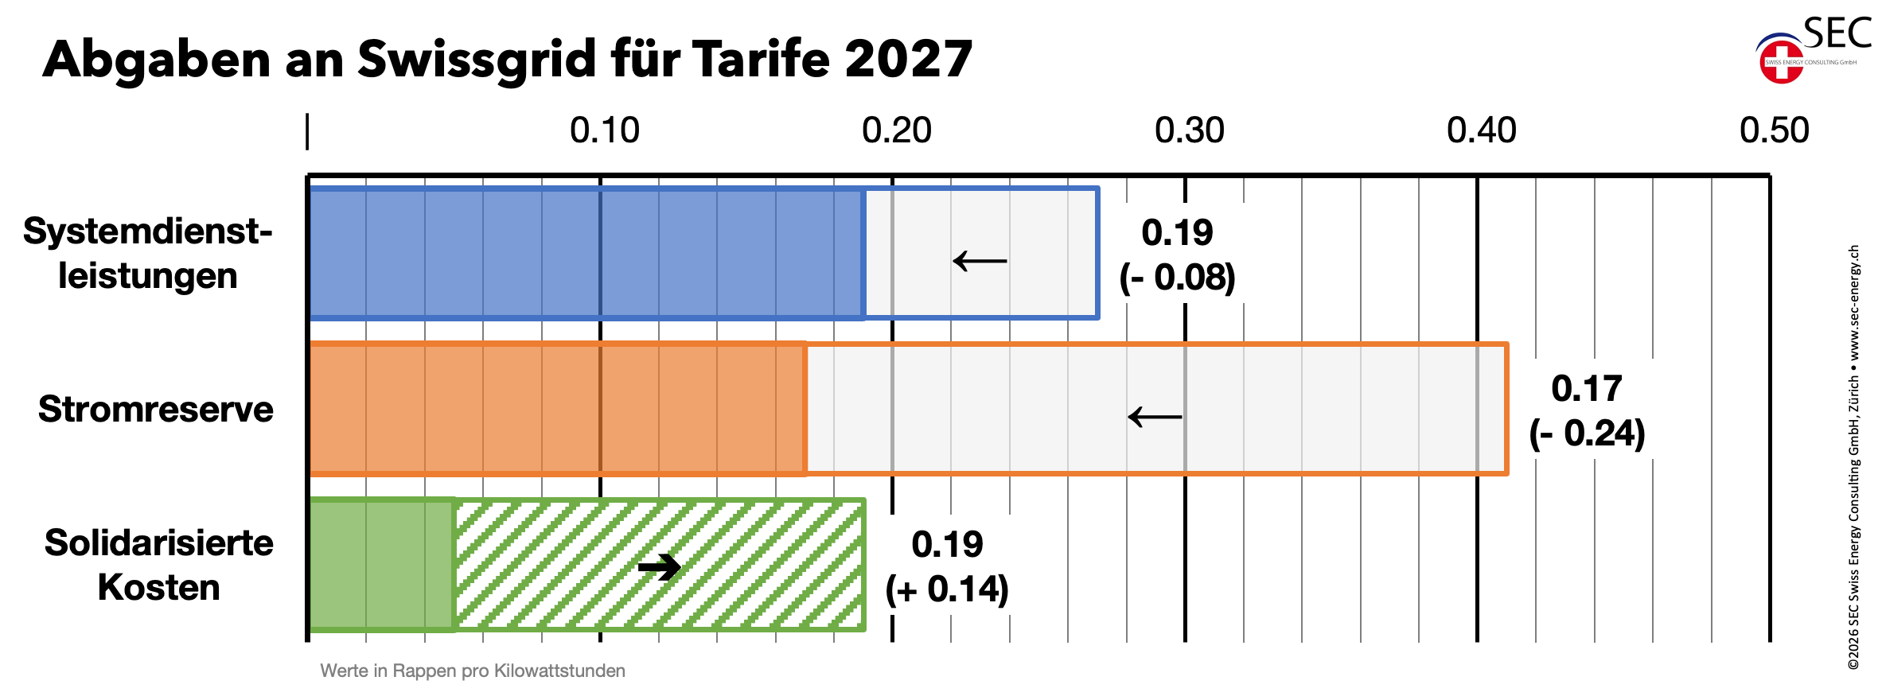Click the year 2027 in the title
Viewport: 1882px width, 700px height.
pos(908,59)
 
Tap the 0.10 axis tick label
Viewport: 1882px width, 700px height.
pos(605,130)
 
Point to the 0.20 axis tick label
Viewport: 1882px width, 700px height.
pos(897,130)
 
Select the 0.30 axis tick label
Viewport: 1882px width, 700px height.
pos(1190,130)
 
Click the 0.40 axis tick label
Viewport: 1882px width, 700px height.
pos(1482,130)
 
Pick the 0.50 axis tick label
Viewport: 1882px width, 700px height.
pos(1775,130)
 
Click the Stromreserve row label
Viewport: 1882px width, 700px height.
pos(156,409)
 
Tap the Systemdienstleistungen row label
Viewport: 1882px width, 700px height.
pos(148,253)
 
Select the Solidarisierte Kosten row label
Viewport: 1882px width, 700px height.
pos(159,565)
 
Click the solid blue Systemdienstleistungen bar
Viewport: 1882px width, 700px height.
pos(586,253)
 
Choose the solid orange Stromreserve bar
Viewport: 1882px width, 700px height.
pos(557,409)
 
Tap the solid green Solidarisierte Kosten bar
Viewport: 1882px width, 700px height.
pos(381,565)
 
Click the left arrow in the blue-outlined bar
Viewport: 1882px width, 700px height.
pos(980,260)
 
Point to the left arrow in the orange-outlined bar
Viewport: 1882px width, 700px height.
pos(1155,416)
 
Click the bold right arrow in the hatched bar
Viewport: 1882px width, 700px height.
pos(660,567)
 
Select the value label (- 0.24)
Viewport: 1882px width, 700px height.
pos(1588,434)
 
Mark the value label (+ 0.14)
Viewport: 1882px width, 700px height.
pos(947,589)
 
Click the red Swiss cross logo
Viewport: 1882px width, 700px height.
pos(1781,62)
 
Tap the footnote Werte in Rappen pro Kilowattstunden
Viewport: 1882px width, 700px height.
pos(473,671)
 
